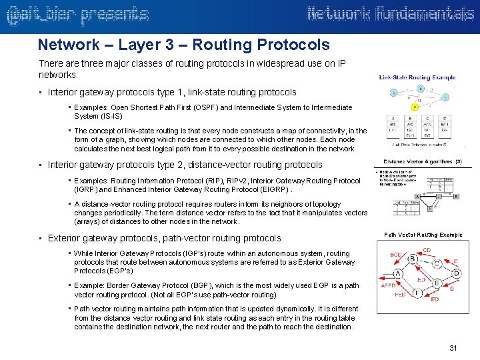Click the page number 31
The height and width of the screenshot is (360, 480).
(454, 348)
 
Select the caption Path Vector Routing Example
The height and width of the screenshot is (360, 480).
(423, 235)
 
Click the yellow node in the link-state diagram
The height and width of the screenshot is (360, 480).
(415, 107)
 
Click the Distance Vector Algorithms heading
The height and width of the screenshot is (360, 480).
(423, 161)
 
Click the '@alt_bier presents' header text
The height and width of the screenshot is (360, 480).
(77, 14)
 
